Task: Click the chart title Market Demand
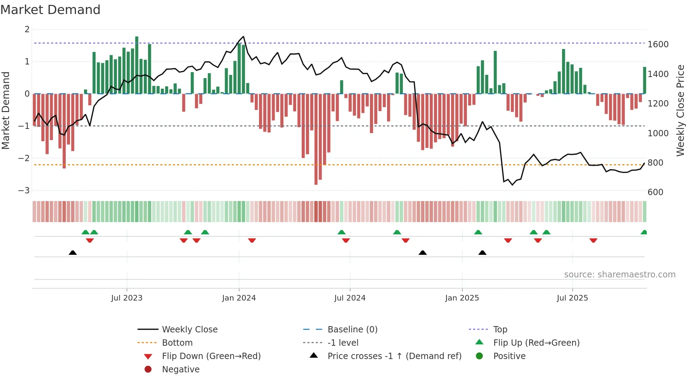(x=50, y=10)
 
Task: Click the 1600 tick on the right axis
(x=658, y=44)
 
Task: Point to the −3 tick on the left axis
(x=24, y=190)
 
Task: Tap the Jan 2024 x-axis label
(x=239, y=298)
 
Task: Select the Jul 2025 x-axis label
(x=572, y=298)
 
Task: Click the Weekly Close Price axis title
(x=680, y=110)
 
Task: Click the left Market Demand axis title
(x=6, y=110)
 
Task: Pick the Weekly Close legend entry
(x=189, y=330)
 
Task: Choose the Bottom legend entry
(x=177, y=343)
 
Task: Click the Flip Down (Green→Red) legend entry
(x=211, y=356)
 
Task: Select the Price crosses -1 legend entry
(x=394, y=356)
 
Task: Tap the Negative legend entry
(x=181, y=370)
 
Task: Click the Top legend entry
(x=500, y=330)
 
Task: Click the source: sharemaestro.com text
(x=619, y=275)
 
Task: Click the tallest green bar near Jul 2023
(x=137, y=65)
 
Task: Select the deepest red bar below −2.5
(x=316, y=140)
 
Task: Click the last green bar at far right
(x=644, y=81)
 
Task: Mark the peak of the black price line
(x=243, y=36)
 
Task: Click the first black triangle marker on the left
(x=73, y=253)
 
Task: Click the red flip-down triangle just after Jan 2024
(x=252, y=240)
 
